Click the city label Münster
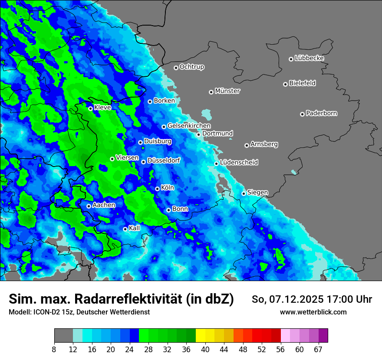(x=227, y=91)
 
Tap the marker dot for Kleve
(x=90, y=108)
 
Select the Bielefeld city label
(x=302, y=83)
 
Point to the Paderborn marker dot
(x=302, y=114)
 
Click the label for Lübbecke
(x=309, y=58)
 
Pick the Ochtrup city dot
(x=176, y=67)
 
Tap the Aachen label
(x=104, y=205)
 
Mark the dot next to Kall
(x=125, y=229)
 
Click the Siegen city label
(x=257, y=193)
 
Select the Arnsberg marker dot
(x=247, y=145)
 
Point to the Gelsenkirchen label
(x=189, y=126)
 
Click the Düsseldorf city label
(x=163, y=160)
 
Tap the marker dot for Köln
(x=157, y=189)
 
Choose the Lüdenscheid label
(x=239, y=163)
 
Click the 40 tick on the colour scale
(x=205, y=349)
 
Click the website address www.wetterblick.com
(x=313, y=312)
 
